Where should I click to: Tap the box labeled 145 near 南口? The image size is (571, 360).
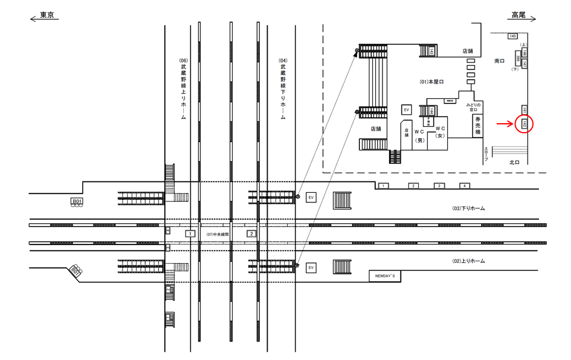point(512,36)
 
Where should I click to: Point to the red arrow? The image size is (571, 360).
point(506,124)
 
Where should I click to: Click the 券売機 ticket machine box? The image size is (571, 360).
point(477,126)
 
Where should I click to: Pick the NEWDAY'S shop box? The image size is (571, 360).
point(385,276)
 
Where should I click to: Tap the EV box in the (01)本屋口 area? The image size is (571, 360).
point(407,110)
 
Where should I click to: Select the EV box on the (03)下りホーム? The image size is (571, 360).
point(310,197)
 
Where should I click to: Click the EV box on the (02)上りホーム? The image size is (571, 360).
point(310,268)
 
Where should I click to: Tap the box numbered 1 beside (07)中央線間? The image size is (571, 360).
point(190,234)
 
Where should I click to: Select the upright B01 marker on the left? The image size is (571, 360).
point(77,202)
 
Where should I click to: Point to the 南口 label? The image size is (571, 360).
point(500,61)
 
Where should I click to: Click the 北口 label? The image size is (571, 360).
point(515,162)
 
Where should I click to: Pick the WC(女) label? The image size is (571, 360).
point(440,132)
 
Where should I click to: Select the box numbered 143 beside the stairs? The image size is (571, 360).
point(431,51)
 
